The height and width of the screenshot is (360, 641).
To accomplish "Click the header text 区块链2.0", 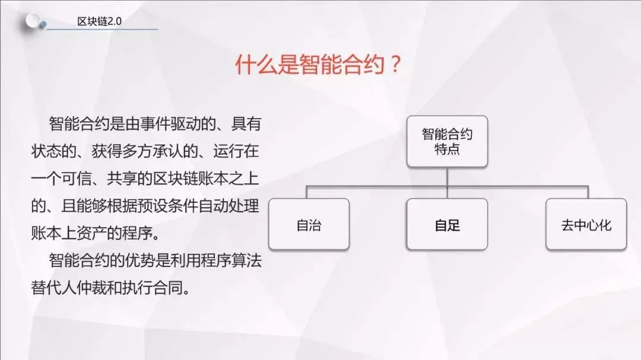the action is (99, 21).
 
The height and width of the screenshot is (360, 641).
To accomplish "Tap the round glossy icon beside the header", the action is (33, 20).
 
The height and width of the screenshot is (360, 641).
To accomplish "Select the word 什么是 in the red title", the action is (267, 64).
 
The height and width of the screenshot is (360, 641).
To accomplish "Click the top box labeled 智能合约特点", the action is (448, 141).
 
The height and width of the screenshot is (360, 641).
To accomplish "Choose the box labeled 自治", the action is (309, 224).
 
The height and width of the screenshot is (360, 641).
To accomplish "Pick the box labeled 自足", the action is (448, 224).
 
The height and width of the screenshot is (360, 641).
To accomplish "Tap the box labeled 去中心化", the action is (586, 224).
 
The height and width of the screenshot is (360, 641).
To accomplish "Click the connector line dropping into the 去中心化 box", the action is (588, 193).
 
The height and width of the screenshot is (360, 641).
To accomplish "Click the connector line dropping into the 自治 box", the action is (307, 193).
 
